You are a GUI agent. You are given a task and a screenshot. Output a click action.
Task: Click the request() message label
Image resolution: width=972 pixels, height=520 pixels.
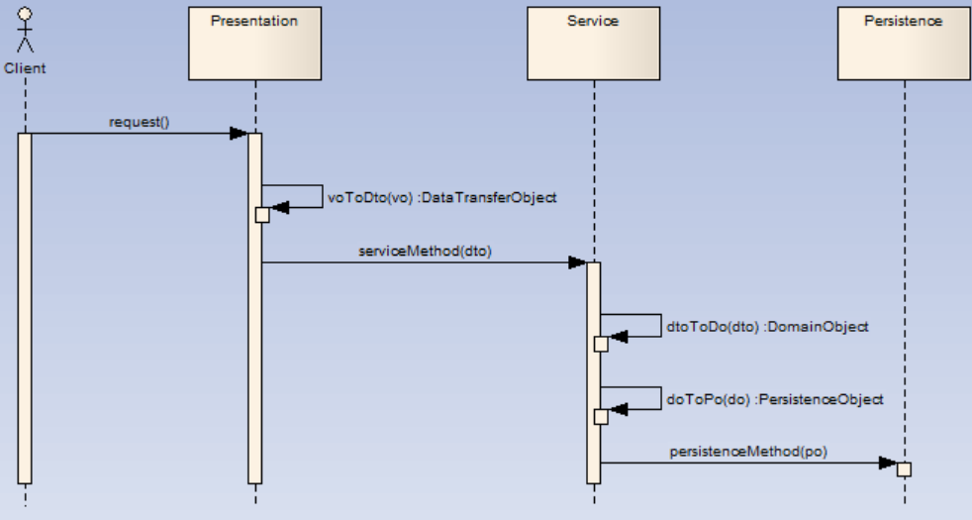[x=139, y=122]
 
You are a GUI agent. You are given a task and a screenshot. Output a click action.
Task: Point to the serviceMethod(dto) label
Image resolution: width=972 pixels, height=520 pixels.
[x=425, y=251]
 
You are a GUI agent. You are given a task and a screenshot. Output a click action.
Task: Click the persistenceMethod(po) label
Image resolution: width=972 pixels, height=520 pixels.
[x=748, y=451]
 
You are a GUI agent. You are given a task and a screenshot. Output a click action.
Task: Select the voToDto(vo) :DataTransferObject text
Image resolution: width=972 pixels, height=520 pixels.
[x=442, y=197]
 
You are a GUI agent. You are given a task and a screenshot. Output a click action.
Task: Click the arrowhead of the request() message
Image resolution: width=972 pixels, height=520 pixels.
[x=238, y=134]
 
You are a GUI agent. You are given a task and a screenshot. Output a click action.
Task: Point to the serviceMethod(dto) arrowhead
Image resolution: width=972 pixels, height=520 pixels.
[x=577, y=262]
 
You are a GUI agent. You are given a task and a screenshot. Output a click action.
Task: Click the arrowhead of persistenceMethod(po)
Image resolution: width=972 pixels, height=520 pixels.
[x=888, y=463]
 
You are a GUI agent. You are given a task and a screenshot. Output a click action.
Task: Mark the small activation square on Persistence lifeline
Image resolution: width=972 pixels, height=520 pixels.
[x=904, y=468]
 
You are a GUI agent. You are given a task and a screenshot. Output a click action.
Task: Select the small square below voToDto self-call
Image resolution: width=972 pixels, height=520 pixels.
[x=262, y=214]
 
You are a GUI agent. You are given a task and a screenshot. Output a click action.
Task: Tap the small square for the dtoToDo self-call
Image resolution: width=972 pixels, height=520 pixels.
[x=601, y=344]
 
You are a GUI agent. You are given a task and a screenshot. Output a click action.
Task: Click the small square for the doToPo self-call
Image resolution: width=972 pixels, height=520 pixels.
[x=601, y=416]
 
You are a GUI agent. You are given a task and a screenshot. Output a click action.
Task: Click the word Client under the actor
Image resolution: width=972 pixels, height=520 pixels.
[x=25, y=68]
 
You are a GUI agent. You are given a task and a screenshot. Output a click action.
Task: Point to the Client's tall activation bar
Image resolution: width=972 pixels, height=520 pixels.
[x=25, y=307]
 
